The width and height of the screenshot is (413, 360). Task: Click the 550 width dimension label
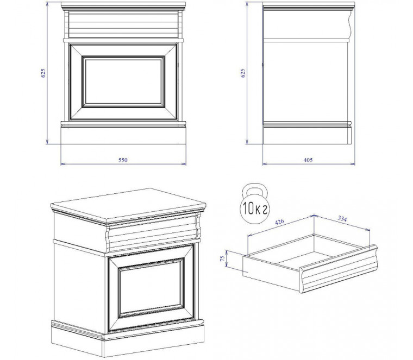[x=123, y=160]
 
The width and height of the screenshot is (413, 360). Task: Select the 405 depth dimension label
[x=308, y=160]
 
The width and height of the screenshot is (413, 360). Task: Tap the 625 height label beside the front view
[x=43, y=73]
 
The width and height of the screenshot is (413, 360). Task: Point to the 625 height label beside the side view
[x=242, y=73]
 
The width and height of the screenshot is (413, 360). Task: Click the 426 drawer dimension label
[x=279, y=222]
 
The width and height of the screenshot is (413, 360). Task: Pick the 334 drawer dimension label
[x=342, y=218]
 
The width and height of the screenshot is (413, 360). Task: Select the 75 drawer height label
[x=223, y=258]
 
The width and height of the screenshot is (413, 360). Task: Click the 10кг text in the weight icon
[x=255, y=210]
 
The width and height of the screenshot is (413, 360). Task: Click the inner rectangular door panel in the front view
[x=123, y=81]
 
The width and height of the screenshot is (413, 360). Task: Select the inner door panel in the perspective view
[x=151, y=287]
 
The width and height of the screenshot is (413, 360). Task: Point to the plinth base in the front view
[x=123, y=136]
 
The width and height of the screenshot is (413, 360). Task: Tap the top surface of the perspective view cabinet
[x=128, y=205]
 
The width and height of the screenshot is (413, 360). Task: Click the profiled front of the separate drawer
[x=339, y=269]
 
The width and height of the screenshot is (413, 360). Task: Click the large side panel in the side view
[x=305, y=81]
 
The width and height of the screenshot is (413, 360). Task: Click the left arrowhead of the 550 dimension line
[x=62, y=164]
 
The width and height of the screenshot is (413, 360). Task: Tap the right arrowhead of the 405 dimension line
[x=353, y=164]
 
